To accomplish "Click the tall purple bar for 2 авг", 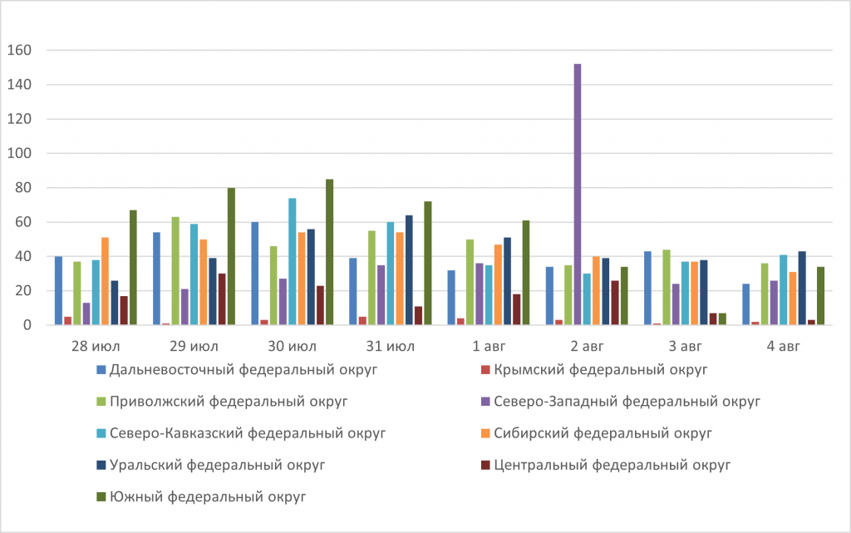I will point(577,195).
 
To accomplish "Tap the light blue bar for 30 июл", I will point(293,262).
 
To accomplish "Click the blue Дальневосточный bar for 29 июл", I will point(156,279).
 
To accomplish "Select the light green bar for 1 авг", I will point(470,283).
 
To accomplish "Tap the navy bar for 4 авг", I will point(802,289).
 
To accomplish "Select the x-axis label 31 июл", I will point(389,345).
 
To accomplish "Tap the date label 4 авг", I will point(781,345).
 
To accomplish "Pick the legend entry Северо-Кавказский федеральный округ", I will point(247,434).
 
